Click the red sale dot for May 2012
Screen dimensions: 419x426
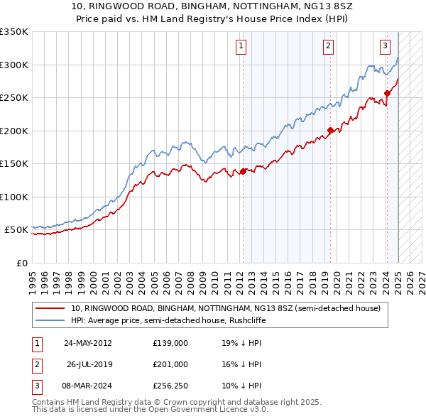coord(243,171)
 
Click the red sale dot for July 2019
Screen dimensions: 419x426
coord(330,130)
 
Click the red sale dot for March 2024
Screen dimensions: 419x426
coord(387,93)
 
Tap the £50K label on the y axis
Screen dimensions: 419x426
coord(16,230)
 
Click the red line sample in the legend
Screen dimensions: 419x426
coord(50,309)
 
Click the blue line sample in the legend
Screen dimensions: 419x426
coord(50,320)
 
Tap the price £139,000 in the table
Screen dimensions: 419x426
coord(170,342)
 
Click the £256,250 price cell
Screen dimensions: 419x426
coord(170,386)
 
